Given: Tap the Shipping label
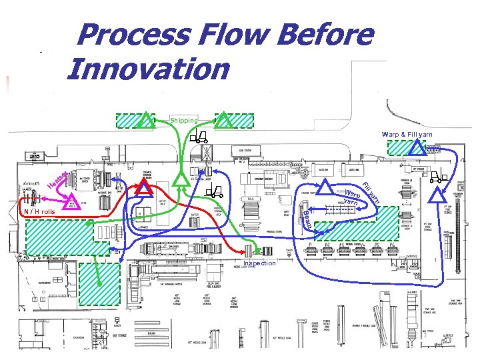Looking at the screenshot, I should click(x=183, y=121).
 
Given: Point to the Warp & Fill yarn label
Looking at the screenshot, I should click(x=407, y=135).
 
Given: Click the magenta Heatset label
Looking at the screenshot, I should click(x=59, y=179).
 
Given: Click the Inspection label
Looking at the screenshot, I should click(x=259, y=263).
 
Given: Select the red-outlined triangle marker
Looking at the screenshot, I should click(x=142, y=188).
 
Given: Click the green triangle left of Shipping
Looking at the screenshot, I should click(x=145, y=120).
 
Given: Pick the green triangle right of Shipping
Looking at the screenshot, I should click(x=225, y=120).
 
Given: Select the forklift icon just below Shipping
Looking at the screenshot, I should click(x=198, y=139).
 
